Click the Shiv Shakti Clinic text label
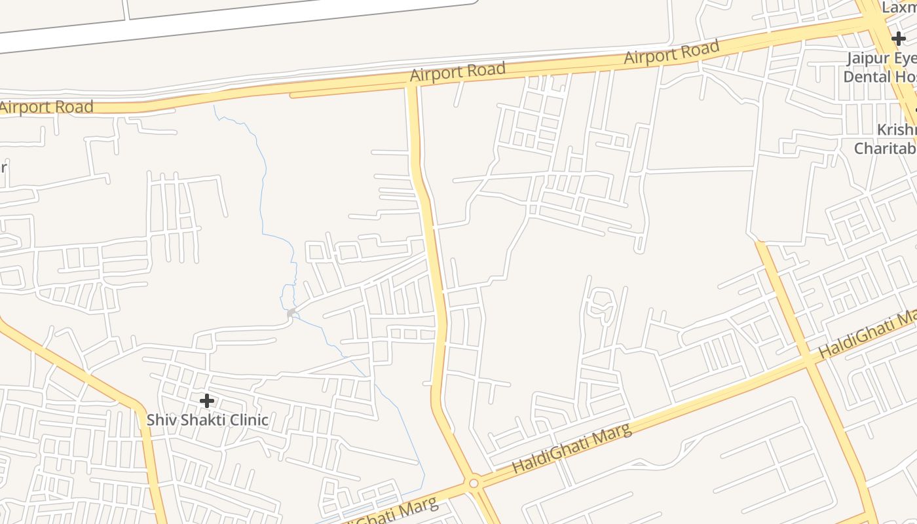[207, 420]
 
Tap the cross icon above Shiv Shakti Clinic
[207, 400]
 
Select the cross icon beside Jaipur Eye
[899, 39]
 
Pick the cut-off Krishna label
[897, 129]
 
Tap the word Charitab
[884, 149]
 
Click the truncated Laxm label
[899, 8]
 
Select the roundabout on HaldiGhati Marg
[474, 483]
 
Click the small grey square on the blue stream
[291, 314]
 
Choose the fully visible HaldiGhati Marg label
[572, 449]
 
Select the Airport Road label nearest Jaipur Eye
[671, 52]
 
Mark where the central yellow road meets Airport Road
[412, 86]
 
